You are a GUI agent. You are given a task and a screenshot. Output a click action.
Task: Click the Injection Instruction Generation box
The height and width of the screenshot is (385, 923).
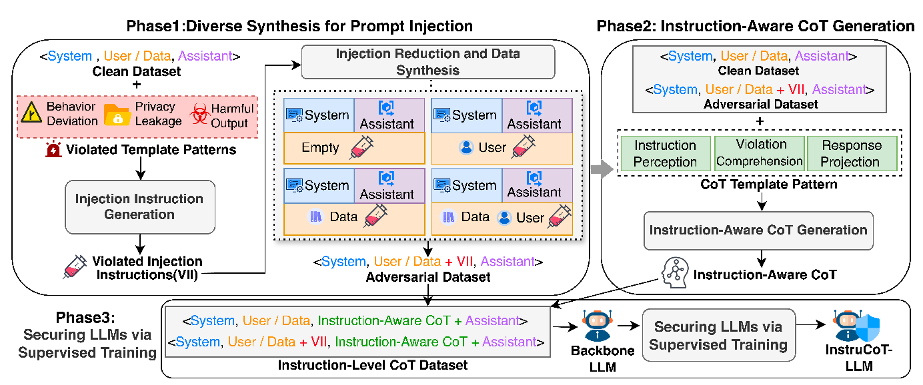click(x=139, y=206)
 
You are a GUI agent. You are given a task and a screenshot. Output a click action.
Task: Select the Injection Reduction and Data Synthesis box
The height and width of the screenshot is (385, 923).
click(x=427, y=61)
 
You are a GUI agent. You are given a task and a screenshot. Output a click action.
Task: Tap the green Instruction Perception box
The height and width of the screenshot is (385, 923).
click(x=665, y=153)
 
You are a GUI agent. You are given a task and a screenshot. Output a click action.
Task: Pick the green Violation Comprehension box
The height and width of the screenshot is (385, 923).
click(x=759, y=153)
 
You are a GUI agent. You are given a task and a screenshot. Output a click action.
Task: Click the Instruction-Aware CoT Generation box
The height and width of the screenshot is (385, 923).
click(x=758, y=230)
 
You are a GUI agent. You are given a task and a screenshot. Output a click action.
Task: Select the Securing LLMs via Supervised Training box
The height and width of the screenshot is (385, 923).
click(x=718, y=335)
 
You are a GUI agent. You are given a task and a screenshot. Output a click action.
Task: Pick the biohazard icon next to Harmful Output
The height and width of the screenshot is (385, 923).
click(x=199, y=115)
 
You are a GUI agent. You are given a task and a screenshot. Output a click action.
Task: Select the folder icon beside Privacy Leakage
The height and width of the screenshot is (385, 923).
click(x=118, y=115)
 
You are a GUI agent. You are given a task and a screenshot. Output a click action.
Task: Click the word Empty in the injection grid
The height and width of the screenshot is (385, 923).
click(x=320, y=148)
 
